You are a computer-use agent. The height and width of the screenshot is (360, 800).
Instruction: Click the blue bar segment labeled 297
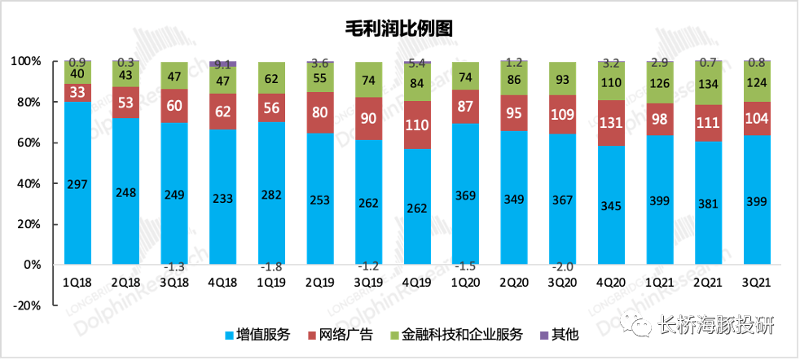(x=78, y=182)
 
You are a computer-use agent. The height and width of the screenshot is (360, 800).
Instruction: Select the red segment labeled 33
(x=78, y=92)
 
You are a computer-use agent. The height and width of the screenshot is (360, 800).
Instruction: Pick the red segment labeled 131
(x=610, y=124)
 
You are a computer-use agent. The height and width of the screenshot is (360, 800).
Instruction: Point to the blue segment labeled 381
(x=708, y=202)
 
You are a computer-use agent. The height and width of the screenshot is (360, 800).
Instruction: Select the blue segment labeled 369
(x=465, y=194)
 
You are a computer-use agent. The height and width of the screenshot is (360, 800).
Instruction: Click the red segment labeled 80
(x=320, y=112)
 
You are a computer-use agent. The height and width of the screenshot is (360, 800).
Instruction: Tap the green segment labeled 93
(x=562, y=80)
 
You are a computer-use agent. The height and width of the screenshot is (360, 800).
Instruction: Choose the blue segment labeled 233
(x=223, y=196)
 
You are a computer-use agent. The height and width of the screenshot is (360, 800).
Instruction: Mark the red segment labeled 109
(x=562, y=114)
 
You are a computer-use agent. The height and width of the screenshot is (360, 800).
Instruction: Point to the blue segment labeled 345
(x=610, y=204)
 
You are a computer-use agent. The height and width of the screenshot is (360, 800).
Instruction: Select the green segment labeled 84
(x=417, y=83)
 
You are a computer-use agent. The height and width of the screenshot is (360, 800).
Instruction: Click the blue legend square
(x=229, y=336)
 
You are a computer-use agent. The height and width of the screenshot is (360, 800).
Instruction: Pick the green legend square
(x=395, y=336)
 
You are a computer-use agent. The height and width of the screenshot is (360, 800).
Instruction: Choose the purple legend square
(x=545, y=336)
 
